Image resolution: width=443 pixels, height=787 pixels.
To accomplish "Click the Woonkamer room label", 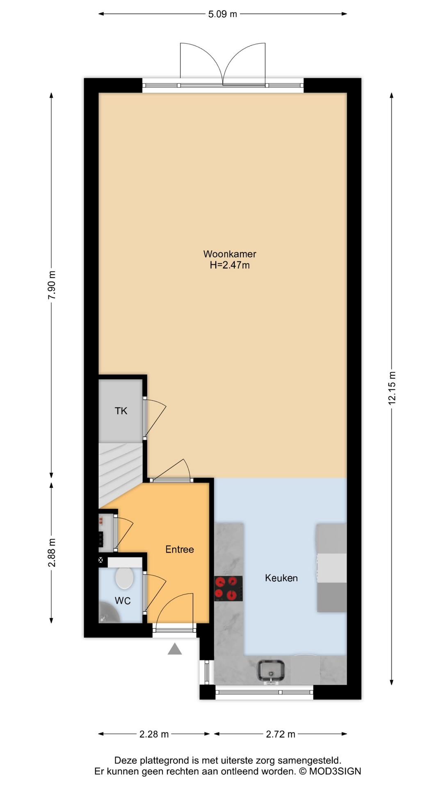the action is click(230, 254).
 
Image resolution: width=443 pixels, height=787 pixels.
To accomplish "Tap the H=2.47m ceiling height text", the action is click(230, 265).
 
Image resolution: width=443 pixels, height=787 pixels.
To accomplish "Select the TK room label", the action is click(121, 411).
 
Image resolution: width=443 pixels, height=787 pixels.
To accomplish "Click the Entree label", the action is click(180, 549).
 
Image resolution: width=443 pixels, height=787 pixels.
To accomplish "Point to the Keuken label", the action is click(281, 578).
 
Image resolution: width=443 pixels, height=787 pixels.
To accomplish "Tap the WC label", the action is click(123, 601).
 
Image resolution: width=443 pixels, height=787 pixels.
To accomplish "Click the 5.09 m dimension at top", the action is click(223, 14).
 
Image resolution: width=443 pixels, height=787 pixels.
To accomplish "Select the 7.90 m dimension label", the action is click(52, 285).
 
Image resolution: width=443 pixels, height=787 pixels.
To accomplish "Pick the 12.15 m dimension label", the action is click(392, 388).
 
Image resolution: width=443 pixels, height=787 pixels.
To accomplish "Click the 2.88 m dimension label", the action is click(52, 553).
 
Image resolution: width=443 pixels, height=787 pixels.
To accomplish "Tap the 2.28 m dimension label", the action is click(154, 734).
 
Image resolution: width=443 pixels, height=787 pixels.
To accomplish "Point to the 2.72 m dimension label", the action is click(281, 734).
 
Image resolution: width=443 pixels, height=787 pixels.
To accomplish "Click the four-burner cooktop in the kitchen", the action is click(228, 589).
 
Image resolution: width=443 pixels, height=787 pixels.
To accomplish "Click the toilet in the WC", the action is click(125, 577).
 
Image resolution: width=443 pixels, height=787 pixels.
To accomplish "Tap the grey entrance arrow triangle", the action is click(175, 649).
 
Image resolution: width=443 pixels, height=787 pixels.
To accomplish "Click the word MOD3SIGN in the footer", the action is click(335, 771).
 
